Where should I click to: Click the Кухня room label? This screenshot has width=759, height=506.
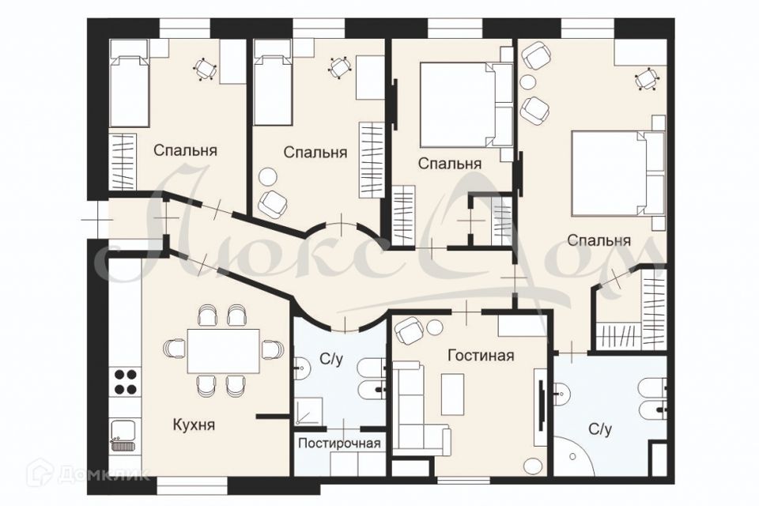click(x=193, y=425)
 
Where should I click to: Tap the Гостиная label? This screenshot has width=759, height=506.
click(x=480, y=356)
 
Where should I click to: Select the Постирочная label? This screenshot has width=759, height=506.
click(x=339, y=443)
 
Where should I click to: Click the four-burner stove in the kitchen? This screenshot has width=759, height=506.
click(x=124, y=382)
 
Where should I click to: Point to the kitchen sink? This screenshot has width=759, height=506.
click(x=124, y=436)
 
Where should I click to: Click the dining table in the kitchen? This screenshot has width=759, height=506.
click(x=224, y=350)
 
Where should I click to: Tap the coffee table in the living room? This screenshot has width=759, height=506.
click(x=453, y=394)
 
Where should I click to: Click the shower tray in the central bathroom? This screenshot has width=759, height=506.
click(x=308, y=412)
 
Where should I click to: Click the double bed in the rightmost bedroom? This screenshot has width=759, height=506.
click(x=617, y=173)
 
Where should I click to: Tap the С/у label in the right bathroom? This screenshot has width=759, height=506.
click(x=600, y=429)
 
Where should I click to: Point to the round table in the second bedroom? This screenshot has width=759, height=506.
click(x=268, y=176)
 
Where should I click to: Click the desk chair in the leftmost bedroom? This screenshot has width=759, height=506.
click(x=205, y=70)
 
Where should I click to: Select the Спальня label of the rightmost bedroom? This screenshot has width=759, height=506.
click(x=599, y=240)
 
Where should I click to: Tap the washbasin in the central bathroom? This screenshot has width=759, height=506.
click(x=301, y=369)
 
